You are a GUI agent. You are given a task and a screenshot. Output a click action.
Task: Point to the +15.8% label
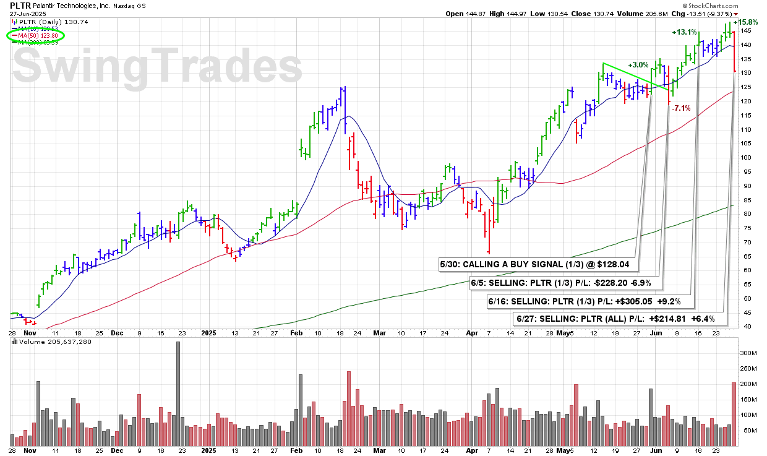(746, 22)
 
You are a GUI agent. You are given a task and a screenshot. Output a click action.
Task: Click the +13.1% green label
(685, 32)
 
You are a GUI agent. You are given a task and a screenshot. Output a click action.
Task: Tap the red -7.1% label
(681, 108)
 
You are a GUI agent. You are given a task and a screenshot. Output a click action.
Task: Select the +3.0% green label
(638, 64)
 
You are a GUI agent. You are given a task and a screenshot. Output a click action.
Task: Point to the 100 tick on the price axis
(747, 157)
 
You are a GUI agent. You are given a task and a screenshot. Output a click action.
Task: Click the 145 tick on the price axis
(747, 30)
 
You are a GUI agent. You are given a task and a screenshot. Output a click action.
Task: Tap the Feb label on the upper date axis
(296, 332)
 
